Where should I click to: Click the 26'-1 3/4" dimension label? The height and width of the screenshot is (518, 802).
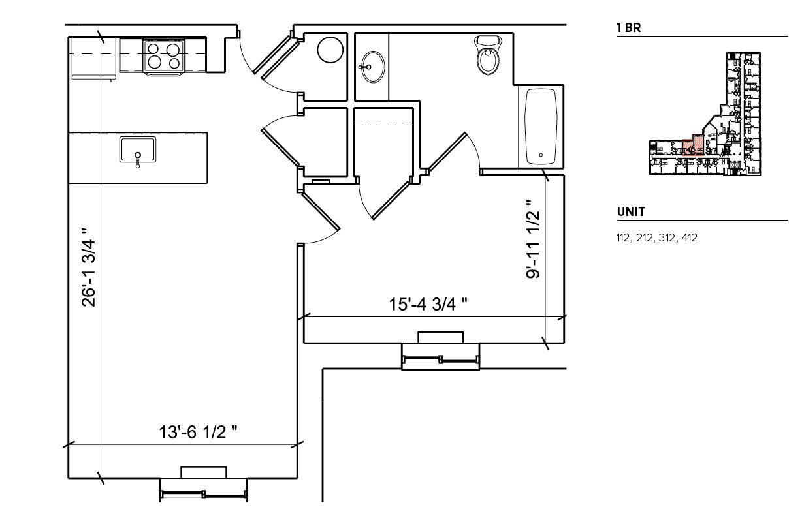coord(89,267)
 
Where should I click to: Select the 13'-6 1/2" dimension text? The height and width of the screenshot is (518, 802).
coord(198,432)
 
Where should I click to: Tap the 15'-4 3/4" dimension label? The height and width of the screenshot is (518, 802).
coord(428,304)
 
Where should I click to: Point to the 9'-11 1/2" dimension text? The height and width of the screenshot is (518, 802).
coord(534,239)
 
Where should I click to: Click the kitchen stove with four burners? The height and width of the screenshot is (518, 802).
coord(163,55)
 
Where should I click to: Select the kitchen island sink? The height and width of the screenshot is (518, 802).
coord(138,150)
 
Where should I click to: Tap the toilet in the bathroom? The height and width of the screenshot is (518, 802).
coord(488,56)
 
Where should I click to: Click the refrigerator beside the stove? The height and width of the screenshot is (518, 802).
coord(93,57)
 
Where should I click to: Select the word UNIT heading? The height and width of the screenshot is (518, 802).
coord(631,212)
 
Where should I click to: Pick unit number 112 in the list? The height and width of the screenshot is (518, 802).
coord(624,238)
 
